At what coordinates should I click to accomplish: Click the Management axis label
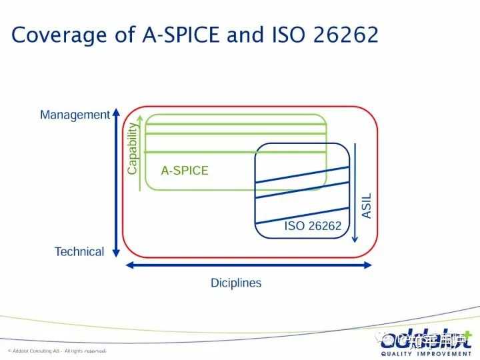[74, 115]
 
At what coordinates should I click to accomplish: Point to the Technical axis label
[79, 251]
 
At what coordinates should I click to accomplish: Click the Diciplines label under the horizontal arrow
[236, 283]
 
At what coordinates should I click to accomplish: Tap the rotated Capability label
[132, 149]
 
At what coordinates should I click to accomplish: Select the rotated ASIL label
[367, 205]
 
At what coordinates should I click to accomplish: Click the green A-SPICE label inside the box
[185, 170]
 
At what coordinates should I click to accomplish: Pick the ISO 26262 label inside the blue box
[313, 225]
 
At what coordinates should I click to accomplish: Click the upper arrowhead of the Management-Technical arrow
[116, 111]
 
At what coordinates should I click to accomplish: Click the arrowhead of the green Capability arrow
[140, 121]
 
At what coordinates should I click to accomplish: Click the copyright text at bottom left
[57, 351]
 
